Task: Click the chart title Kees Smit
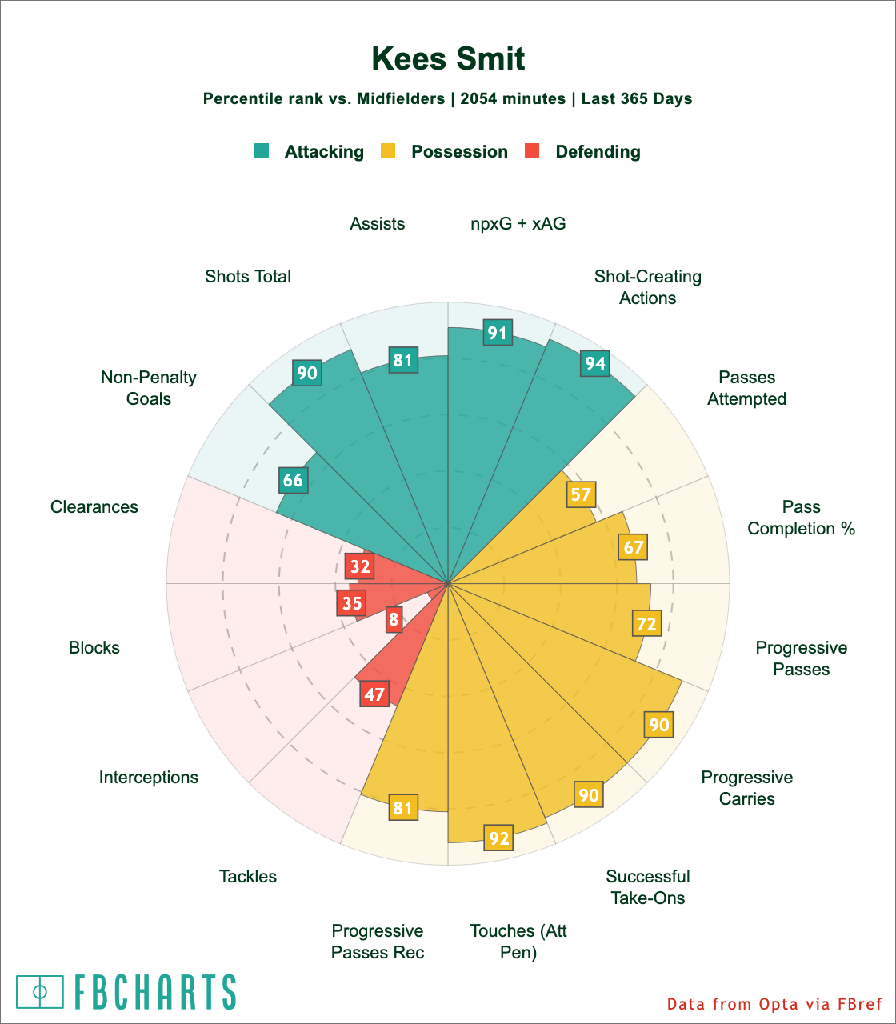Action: (448, 60)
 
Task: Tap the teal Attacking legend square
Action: (262, 150)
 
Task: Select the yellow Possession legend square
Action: (388, 150)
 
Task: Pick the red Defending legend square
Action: (532, 150)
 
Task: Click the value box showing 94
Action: (595, 364)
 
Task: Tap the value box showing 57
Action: (581, 494)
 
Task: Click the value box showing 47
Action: (374, 694)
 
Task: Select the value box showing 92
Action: (498, 838)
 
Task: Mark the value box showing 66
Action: (293, 480)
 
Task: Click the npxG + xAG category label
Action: (518, 224)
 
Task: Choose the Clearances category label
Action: (94, 507)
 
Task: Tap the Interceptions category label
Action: (149, 778)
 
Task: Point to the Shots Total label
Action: (248, 277)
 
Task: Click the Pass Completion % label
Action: (802, 518)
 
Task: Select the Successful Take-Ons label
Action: (648, 887)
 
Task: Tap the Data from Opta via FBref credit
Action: (774, 1004)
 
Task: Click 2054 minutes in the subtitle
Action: (513, 99)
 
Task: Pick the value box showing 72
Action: (646, 623)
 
